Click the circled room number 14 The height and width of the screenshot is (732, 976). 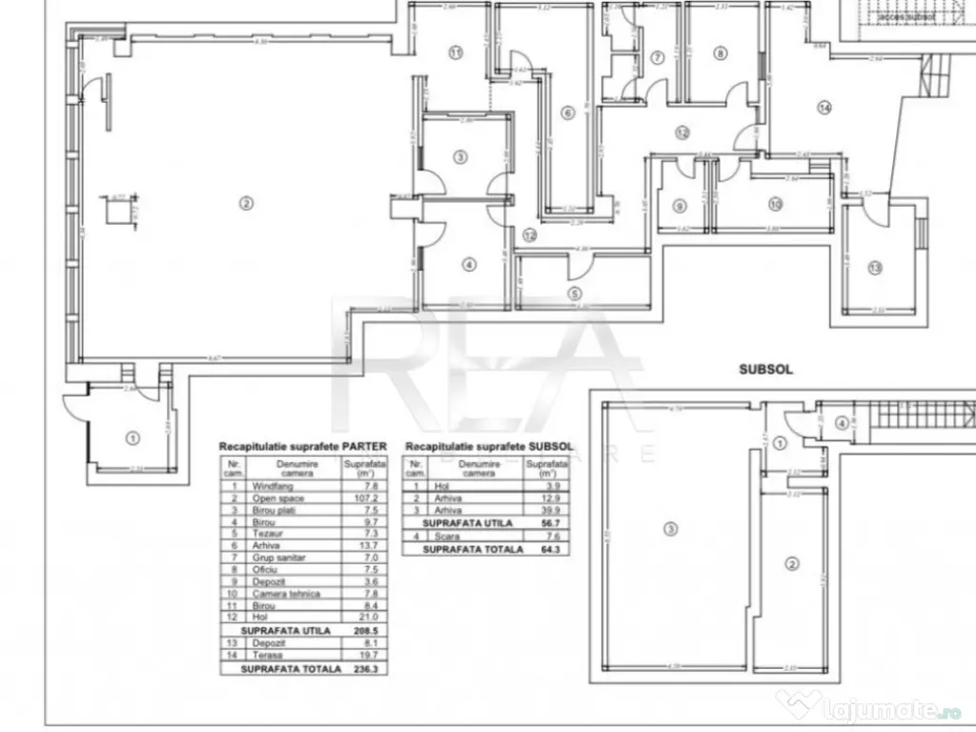point(824,108)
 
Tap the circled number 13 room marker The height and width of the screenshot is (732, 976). point(875,268)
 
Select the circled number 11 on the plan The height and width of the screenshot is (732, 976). point(456,52)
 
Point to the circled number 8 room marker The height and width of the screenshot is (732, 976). point(721,52)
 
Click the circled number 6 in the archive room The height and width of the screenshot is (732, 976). point(568,113)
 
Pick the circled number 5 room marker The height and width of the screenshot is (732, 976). point(575,295)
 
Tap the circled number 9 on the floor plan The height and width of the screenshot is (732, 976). point(679,206)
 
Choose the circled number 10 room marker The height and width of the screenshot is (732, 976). point(774,204)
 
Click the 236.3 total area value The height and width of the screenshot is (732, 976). point(360,669)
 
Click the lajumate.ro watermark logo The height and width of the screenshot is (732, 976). point(864,706)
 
